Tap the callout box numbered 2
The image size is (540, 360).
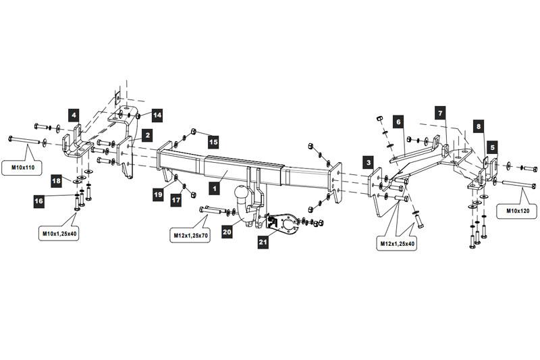[147, 135]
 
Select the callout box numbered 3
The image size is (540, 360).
[369, 162]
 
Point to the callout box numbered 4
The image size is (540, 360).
[74, 115]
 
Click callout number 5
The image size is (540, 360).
[493, 147]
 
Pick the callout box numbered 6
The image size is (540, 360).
[398, 122]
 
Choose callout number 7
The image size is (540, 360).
[440, 113]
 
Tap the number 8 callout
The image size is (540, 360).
[479, 126]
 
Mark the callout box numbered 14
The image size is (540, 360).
[157, 115]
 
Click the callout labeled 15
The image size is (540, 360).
[213, 142]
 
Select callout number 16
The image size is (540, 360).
[39, 201]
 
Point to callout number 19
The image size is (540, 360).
[158, 195]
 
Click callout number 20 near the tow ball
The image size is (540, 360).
[227, 232]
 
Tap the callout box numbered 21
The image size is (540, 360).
[263, 242]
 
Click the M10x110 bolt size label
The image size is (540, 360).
[22, 168]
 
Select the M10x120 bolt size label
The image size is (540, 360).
[517, 211]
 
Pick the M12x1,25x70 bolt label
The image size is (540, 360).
[190, 235]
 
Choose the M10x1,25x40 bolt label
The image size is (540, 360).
[59, 233]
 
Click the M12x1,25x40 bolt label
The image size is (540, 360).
[397, 244]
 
